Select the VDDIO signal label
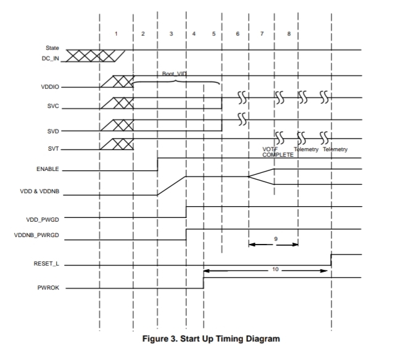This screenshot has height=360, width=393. [50, 86]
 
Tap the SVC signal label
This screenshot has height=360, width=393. [52, 106]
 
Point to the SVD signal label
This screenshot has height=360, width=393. [52, 131]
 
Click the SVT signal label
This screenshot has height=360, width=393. [52, 148]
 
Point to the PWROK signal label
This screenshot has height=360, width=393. [49, 288]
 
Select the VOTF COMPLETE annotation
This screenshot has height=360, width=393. [273, 152]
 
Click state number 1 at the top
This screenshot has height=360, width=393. [116, 34]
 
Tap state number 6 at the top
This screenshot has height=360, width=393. [238, 34]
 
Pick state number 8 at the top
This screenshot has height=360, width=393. [289, 34]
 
